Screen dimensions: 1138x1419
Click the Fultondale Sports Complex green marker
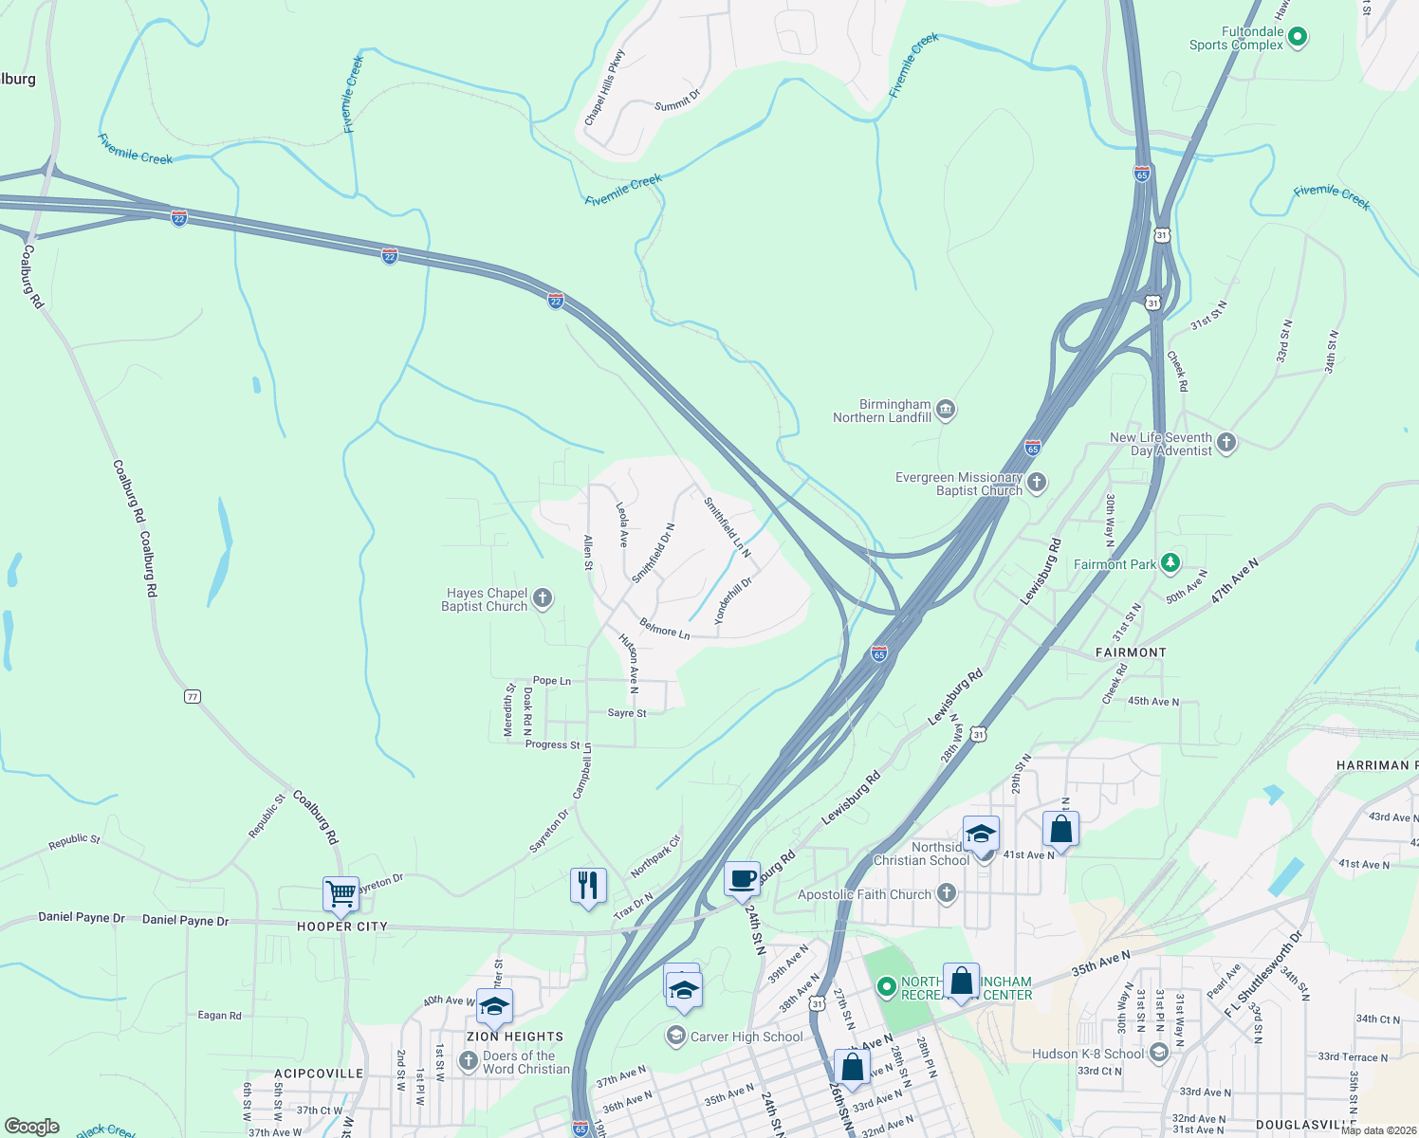pyautogui.click(x=1299, y=38)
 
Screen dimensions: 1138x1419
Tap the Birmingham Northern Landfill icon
pyautogui.click(x=945, y=410)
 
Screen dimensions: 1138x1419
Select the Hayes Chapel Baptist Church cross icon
pyautogui.click(x=543, y=597)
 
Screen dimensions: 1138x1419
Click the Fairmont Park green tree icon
pyautogui.click(x=1170, y=563)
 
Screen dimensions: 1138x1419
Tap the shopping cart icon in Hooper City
pyautogui.click(x=341, y=892)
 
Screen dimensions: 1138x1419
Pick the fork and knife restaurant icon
pyautogui.click(x=588, y=885)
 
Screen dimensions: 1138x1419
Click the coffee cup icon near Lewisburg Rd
pyautogui.click(x=742, y=878)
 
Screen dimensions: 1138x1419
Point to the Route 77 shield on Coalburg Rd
pyautogui.click(x=193, y=696)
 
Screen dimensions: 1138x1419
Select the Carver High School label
pyautogui.click(x=746, y=1037)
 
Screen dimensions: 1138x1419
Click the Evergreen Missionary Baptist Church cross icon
pyautogui.click(x=1037, y=483)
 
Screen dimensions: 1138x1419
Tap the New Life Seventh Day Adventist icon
pyautogui.click(x=1226, y=442)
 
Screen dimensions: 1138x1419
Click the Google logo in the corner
pyautogui.click(x=31, y=1127)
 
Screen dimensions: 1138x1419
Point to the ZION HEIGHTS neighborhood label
pyautogui.click(x=515, y=1037)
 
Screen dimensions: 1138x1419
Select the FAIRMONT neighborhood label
pyautogui.click(x=1131, y=652)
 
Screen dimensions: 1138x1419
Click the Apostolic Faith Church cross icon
pyautogui.click(x=946, y=892)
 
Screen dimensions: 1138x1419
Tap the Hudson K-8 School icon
pyautogui.click(x=1158, y=1053)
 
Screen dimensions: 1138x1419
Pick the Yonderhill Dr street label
pyautogui.click(x=732, y=599)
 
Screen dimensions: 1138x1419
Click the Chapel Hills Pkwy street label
pyautogui.click(x=604, y=88)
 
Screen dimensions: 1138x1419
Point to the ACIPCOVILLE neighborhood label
pyautogui.click(x=319, y=1074)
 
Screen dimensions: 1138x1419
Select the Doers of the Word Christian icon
pyautogui.click(x=468, y=1060)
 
